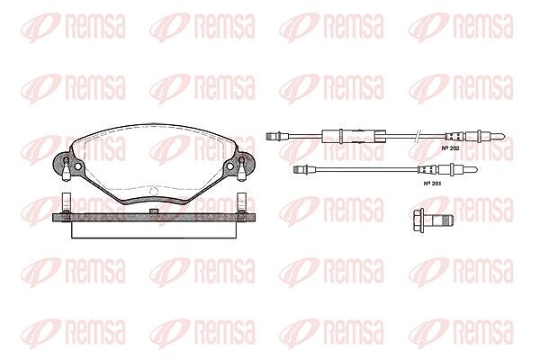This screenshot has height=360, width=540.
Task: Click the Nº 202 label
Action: pyautogui.click(x=451, y=148)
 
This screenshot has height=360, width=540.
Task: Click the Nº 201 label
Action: pyautogui.click(x=432, y=184)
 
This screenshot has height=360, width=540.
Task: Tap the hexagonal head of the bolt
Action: pyautogui.click(x=419, y=219)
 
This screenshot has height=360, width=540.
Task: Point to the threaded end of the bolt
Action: pyautogui.click(x=447, y=219)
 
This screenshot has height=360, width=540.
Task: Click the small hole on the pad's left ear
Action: pyautogui.click(x=77, y=166)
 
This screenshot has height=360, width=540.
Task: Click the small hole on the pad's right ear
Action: pyautogui.click(x=229, y=166)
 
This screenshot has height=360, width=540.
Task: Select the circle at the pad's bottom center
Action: pyautogui.click(x=154, y=191)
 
